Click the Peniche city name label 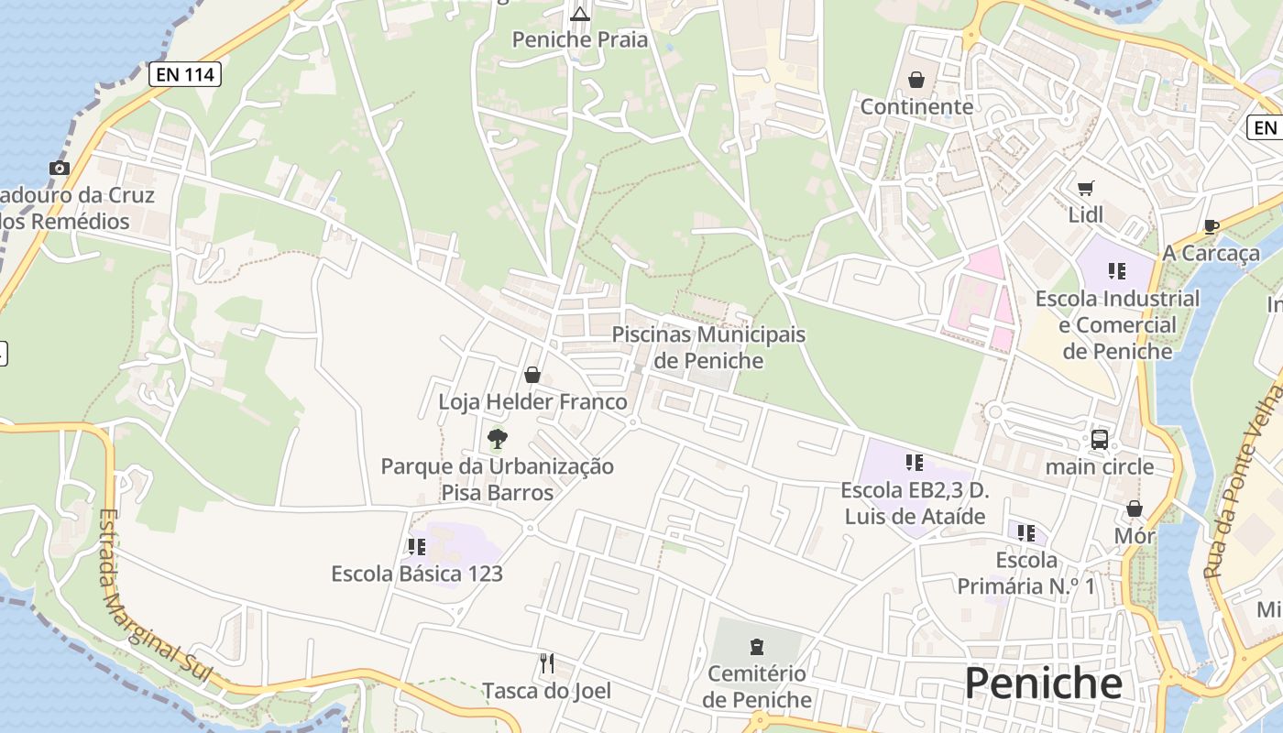click(1043, 684)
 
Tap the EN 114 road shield click(185, 74)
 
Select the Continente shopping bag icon click(916, 81)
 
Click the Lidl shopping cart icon click(1086, 189)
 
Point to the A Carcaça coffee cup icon click(1211, 226)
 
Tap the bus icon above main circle click(1100, 440)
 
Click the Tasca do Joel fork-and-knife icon click(547, 663)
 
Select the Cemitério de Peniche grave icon click(757, 648)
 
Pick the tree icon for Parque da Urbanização click(498, 439)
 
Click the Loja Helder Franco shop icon click(532, 375)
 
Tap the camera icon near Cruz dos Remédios click(60, 168)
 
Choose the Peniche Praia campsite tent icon click(579, 13)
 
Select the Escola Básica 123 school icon click(417, 547)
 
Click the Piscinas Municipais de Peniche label click(708, 347)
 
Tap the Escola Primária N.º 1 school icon click(1026, 532)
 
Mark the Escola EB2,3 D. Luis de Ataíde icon click(914, 463)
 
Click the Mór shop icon click(1135, 509)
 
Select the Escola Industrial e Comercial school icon click(1116, 270)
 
